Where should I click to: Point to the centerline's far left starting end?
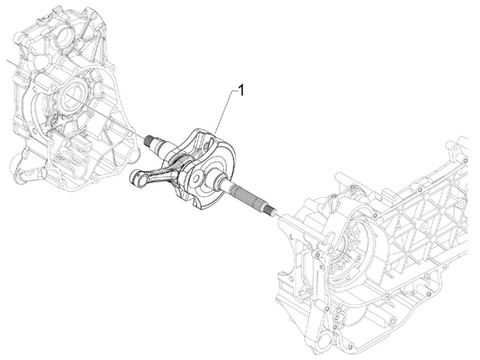point(7,60)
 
